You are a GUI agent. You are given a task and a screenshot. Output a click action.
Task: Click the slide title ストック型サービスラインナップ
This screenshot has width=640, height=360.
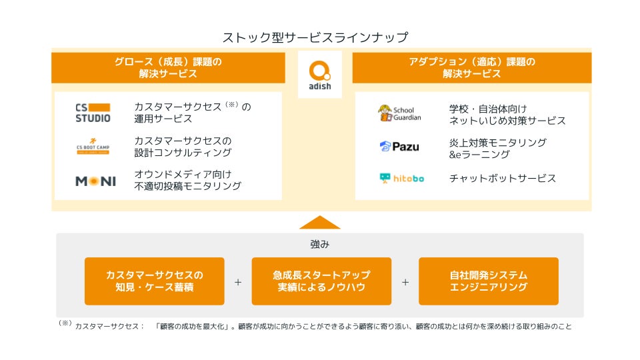coord(315,37)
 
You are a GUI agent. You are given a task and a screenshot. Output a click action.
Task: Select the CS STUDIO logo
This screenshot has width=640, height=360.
coord(93,113)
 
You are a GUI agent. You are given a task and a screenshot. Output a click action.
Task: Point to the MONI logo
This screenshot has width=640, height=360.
coord(95,181)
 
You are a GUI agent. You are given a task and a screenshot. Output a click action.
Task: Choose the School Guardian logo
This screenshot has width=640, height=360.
coord(399,113)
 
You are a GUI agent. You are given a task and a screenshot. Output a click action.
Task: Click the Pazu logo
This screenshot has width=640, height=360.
coord(399,147)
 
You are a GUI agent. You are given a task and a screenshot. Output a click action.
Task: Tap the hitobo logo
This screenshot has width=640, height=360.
coord(401,178)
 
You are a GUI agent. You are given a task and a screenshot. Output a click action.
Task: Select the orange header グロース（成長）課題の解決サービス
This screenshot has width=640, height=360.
coord(168,68)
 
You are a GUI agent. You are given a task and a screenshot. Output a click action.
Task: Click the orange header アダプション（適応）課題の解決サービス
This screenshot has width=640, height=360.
coord(471,68)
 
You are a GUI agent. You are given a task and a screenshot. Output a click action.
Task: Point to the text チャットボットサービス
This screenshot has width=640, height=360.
coord(503,178)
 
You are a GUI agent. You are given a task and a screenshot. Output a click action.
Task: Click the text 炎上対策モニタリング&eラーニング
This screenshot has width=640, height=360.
coord(498,148)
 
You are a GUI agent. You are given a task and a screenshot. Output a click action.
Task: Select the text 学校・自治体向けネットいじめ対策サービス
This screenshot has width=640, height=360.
coord(507,114)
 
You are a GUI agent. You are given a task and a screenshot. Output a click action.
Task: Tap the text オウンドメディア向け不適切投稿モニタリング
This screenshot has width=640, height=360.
coord(187,180)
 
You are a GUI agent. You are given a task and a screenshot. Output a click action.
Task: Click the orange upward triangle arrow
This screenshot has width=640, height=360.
coord(320,223)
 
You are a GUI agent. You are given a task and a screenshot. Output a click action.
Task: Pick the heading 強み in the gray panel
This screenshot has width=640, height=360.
coord(320,244)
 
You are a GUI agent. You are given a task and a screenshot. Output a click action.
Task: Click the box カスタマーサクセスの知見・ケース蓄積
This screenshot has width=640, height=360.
coord(154,281)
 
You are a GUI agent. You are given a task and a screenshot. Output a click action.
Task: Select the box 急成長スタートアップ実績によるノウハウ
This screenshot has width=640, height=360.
coord(321,281)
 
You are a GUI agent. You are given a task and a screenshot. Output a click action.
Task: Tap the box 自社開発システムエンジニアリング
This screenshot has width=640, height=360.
coord(489,281)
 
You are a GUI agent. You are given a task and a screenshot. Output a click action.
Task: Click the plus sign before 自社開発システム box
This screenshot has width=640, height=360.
coord(405,281)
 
